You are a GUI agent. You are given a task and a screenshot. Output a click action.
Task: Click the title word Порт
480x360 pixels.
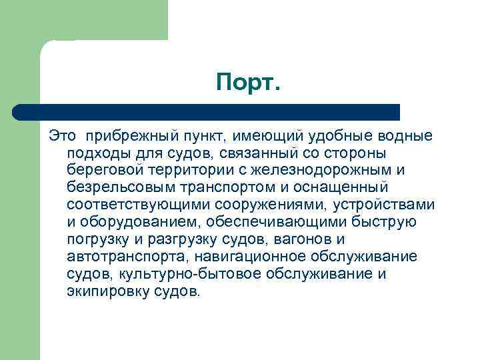point(249,83)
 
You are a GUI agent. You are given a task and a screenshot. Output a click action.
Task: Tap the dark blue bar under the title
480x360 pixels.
point(207,111)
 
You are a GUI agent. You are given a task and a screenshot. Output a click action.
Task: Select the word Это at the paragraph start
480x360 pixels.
point(62,136)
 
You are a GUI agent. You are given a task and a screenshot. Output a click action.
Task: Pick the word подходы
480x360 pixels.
point(95,153)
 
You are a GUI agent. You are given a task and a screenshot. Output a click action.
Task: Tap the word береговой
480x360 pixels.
point(99,171)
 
